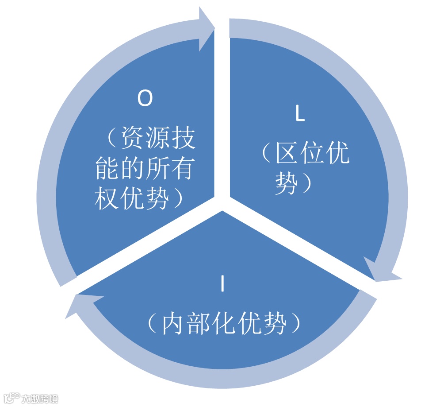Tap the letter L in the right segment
[300, 114]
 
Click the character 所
[157, 169]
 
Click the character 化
[223, 325]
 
